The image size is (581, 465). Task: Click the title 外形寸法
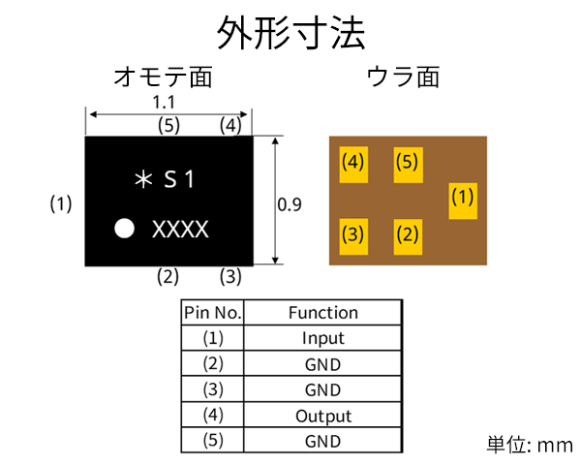pos(291,34)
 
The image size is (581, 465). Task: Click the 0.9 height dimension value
pos(290,204)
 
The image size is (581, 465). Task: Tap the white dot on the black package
pos(124,230)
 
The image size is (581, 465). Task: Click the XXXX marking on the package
pos(180,230)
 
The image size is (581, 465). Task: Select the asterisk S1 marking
pos(166,179)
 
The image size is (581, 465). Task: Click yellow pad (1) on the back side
pos(463,200)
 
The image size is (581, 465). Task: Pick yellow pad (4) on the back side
pos(353,163)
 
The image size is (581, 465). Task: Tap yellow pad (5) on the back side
pos(408,163)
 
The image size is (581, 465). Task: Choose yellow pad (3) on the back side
pos(353,233)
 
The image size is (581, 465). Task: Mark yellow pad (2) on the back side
pos(408,233)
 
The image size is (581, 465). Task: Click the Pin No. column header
pos(213,313)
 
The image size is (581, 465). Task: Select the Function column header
pos(322,313)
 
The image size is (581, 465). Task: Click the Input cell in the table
pos(322,339)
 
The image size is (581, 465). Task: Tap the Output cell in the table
pos(322,416)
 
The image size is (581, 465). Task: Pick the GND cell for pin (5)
pos(322,441)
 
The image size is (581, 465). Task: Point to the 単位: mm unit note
pos(530,446)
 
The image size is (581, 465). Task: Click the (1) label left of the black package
pos(62,204)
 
